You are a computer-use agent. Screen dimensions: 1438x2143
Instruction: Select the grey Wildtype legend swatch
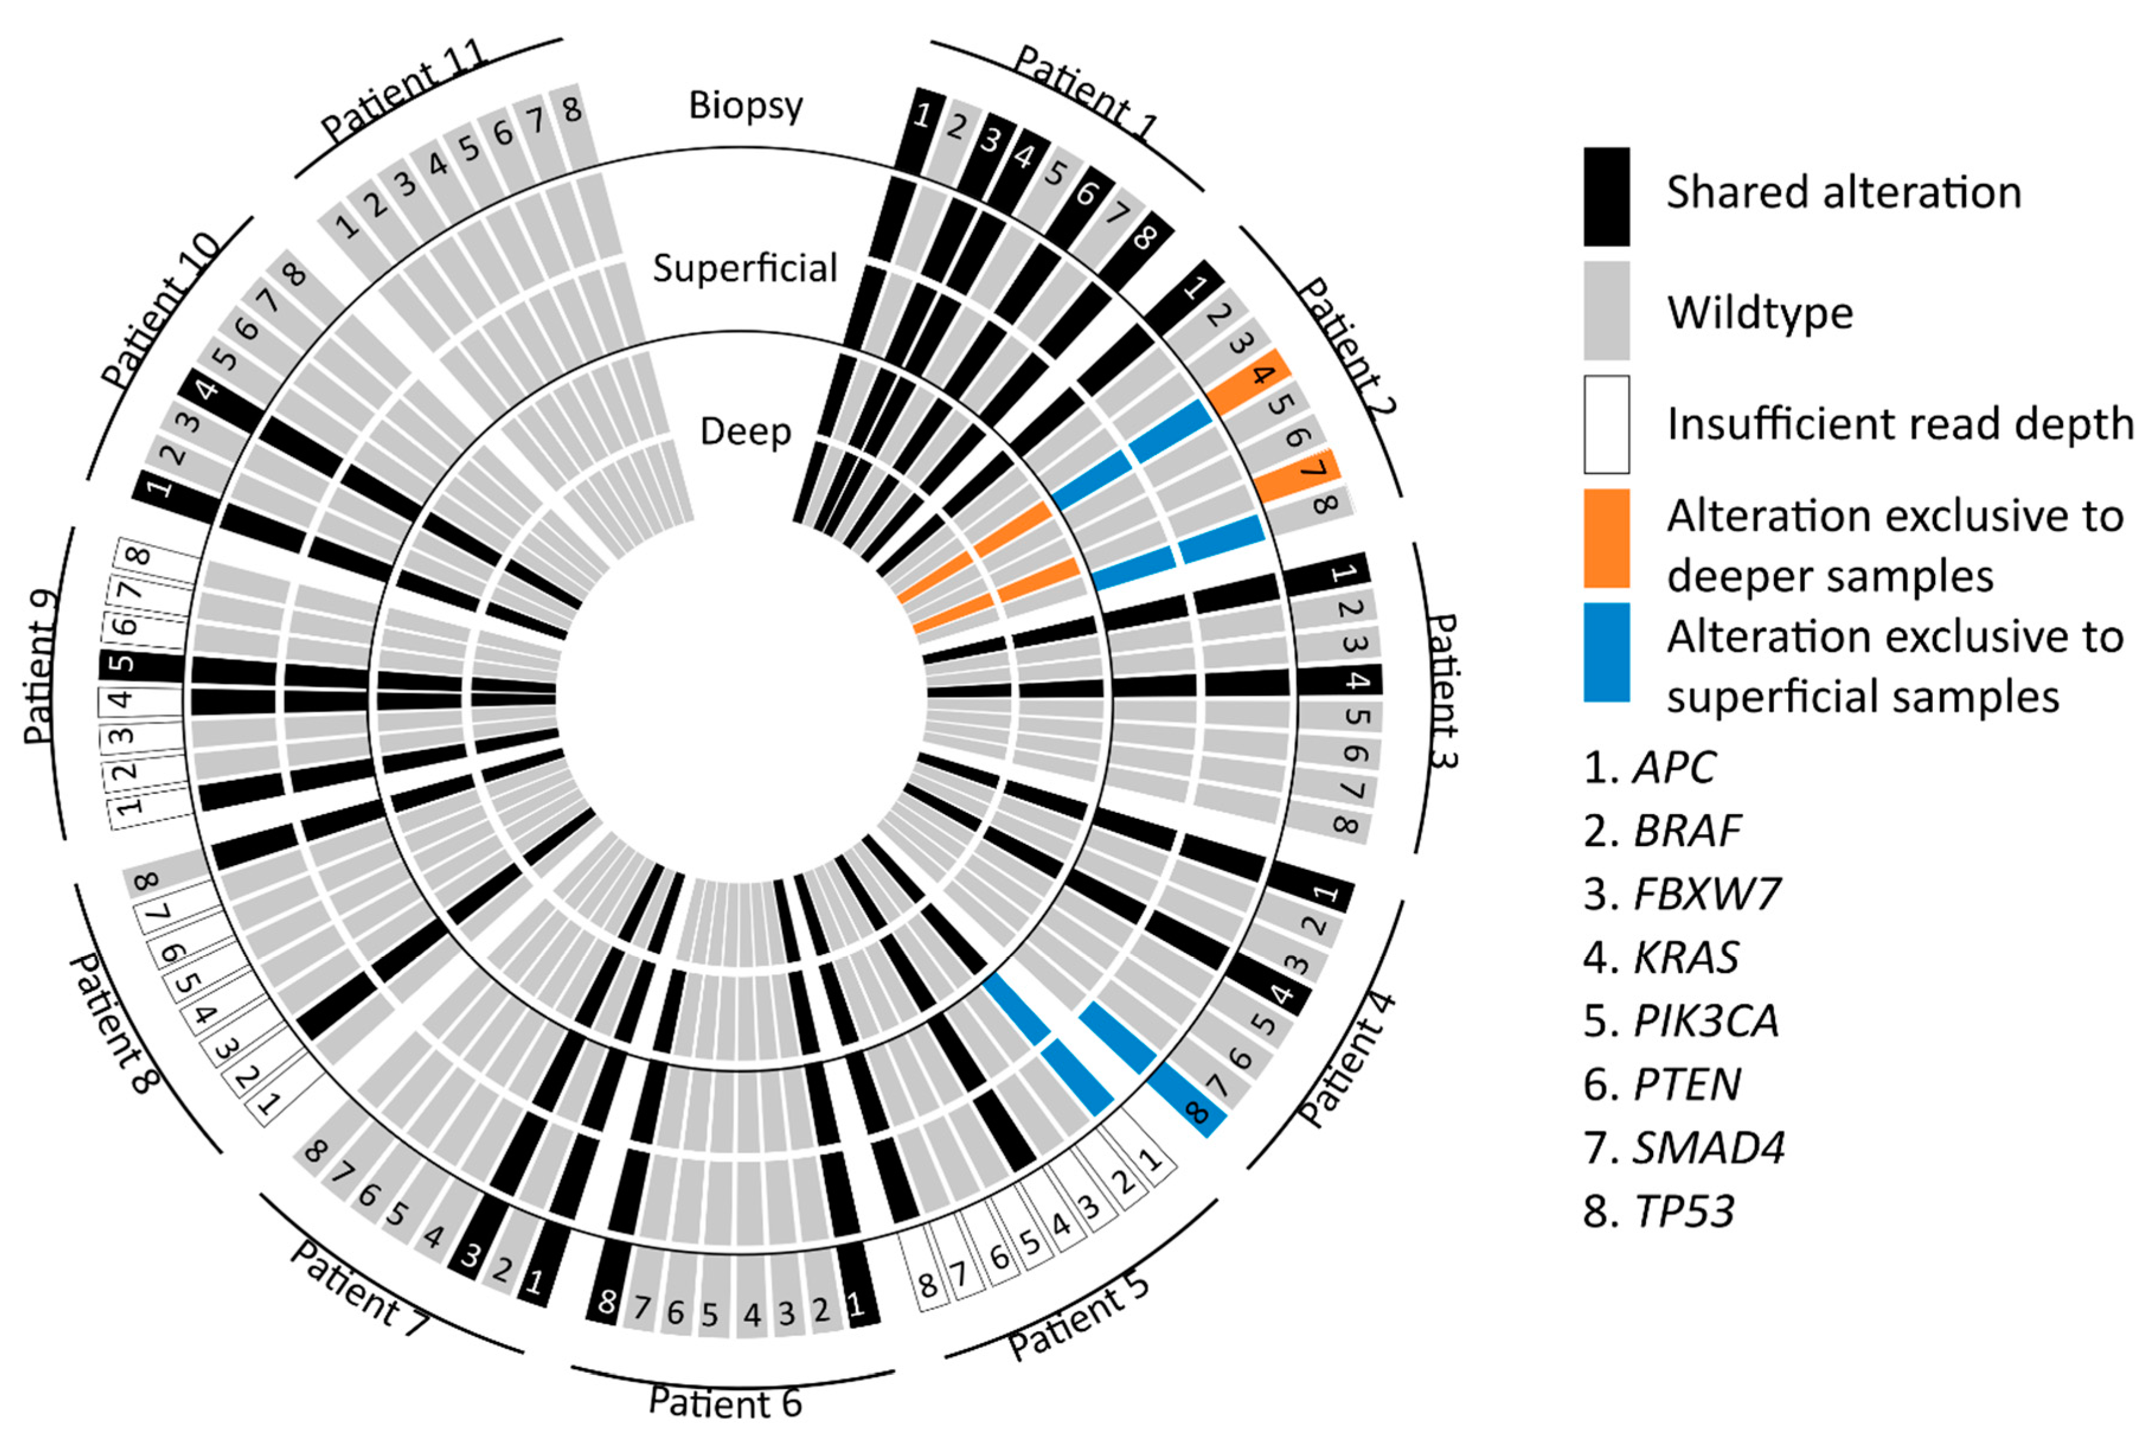click(x=1606, y=310)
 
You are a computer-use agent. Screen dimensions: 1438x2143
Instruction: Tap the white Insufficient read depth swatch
click(x=1606, y=424)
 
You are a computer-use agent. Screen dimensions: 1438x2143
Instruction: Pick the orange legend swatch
click(x=1606, y=539)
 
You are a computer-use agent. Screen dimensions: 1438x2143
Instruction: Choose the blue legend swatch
click(x=1606, y=652)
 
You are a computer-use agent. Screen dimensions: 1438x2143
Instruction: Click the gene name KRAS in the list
click(x=1686, y=957)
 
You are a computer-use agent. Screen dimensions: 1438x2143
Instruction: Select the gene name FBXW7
click(x=1706, y=894)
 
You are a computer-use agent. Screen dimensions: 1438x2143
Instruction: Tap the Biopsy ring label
click(x=745, y=105)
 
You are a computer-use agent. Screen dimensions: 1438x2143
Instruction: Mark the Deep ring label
click(x=745, y=431)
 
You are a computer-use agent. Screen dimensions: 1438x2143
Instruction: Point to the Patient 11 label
click(x=403, y=92)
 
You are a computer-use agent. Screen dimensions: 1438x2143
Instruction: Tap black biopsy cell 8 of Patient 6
click(x=607, y=1301)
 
